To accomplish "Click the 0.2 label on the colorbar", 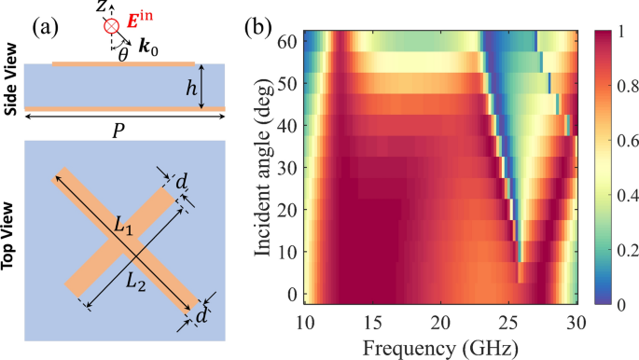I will click(619, 250).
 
